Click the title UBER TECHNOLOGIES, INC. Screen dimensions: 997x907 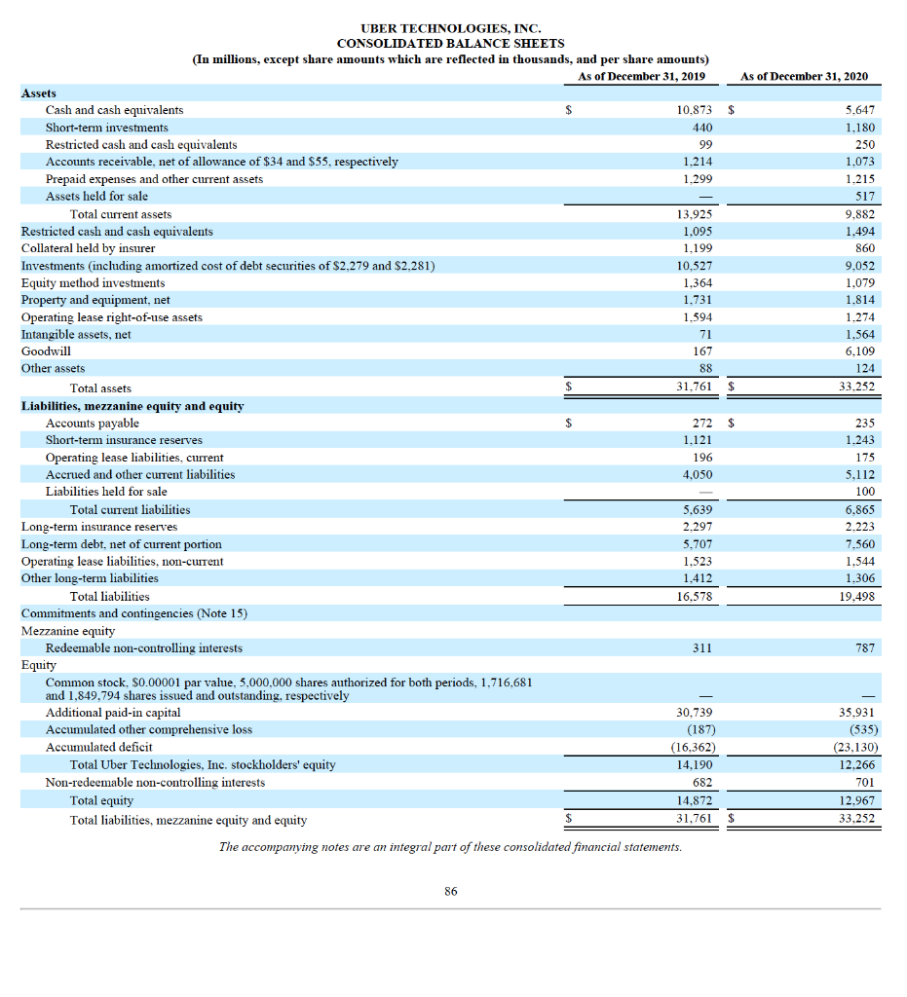[x=450, y=28]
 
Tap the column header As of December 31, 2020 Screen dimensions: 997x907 [x=804, y=76]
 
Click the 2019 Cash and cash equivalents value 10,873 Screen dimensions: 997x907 [x=695, y=110]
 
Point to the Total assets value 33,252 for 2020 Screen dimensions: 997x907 [x=858, y=388]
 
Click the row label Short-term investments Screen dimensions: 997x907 [x=107, y=128]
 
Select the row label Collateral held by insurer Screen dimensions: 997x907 [x=88, y=248]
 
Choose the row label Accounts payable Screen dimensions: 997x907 [x=93, y=423]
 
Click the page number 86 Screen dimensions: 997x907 [x=450, y=891]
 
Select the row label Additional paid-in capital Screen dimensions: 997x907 [x=113, y=713]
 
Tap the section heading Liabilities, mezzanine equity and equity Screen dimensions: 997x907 [x=132, y=405]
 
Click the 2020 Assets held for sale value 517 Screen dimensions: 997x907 [x=864, y=196]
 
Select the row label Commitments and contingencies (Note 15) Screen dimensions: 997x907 [x=134, y=613]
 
